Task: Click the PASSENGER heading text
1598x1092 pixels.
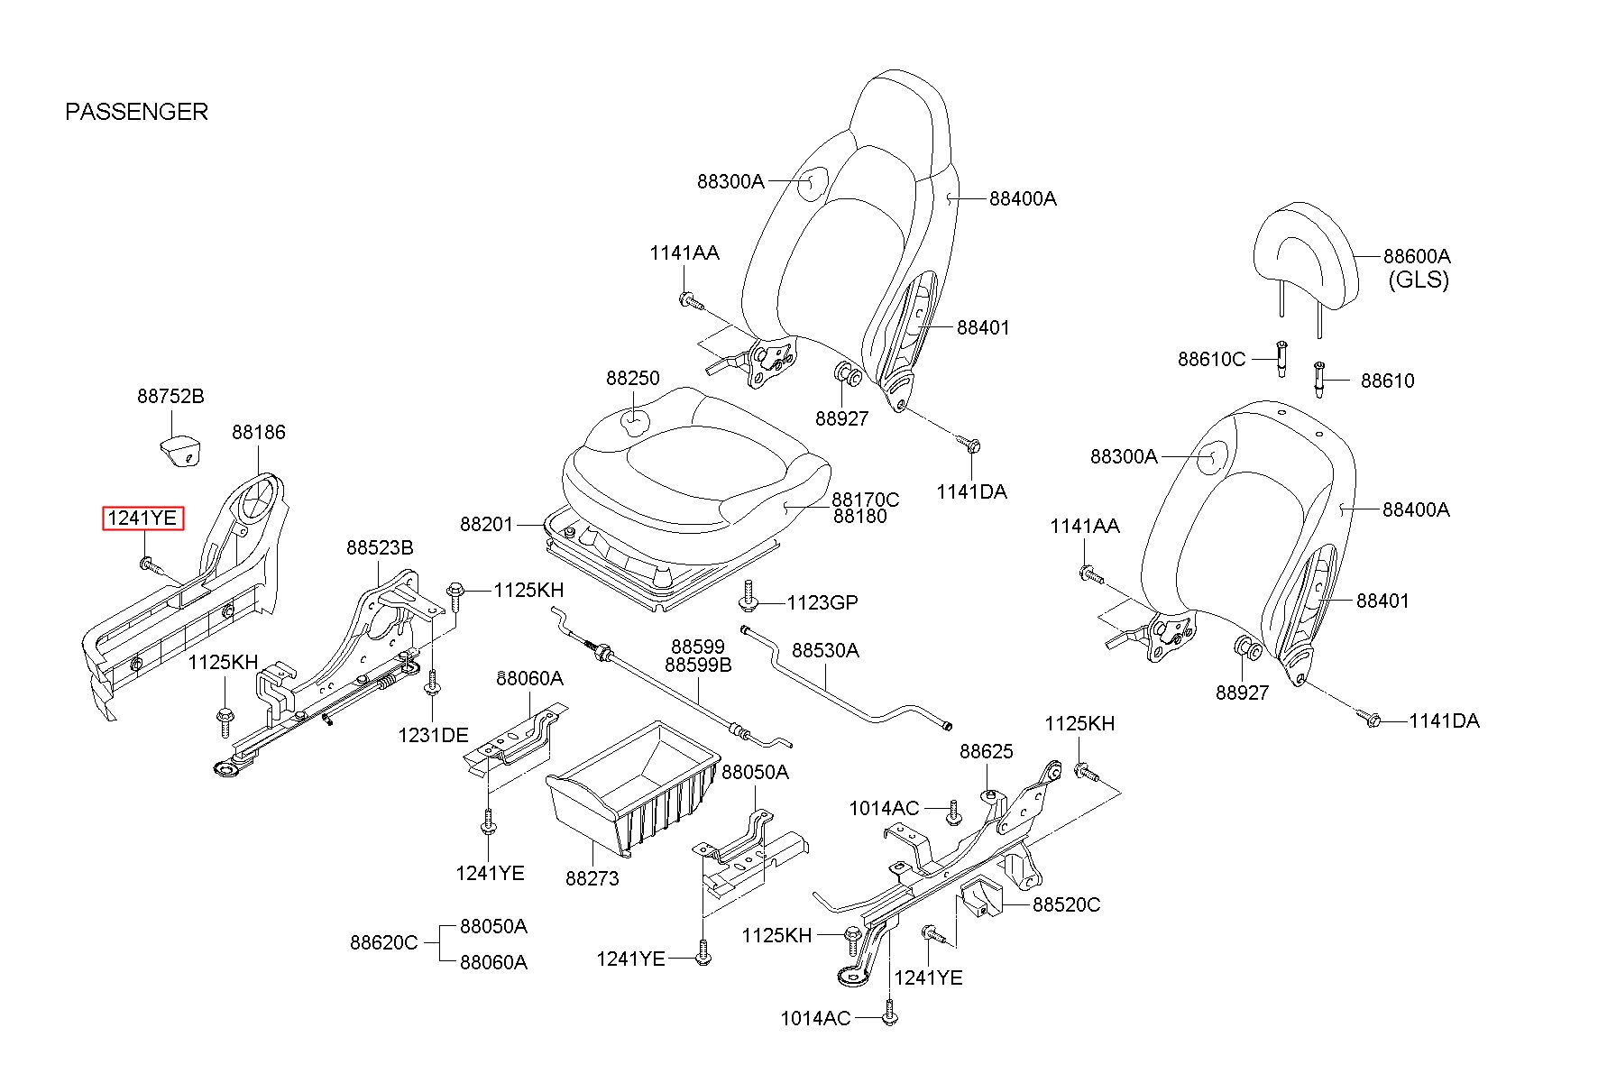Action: click(x=136, y=112)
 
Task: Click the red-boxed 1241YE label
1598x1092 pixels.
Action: click(x=142, y=518)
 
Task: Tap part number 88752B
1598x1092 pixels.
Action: click(x=170, y=396)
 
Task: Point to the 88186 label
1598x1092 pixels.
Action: click(x=258, y=432)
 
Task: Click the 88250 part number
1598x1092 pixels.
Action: click(x=632, y=379)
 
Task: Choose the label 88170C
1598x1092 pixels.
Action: click(x=865, y=499)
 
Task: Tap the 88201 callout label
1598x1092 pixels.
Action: click(x=486, y=524)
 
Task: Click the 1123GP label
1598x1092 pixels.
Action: click(x=822, y=602)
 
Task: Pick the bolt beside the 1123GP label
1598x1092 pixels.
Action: click(x=748, y=596)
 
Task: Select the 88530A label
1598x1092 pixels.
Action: click(x=825, y=650)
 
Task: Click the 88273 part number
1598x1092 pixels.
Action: click(x=592, y=877)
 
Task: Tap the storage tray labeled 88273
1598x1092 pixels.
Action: click(x=631, y=785)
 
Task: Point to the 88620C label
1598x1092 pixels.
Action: click(x=383, y=943)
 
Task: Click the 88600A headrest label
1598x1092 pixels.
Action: click(x=1417, y=256)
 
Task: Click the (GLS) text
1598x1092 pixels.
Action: click(x=1418, y=280)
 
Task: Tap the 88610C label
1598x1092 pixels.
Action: click(x=1211, y=359)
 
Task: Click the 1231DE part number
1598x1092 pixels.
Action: click(x=433, y=735)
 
